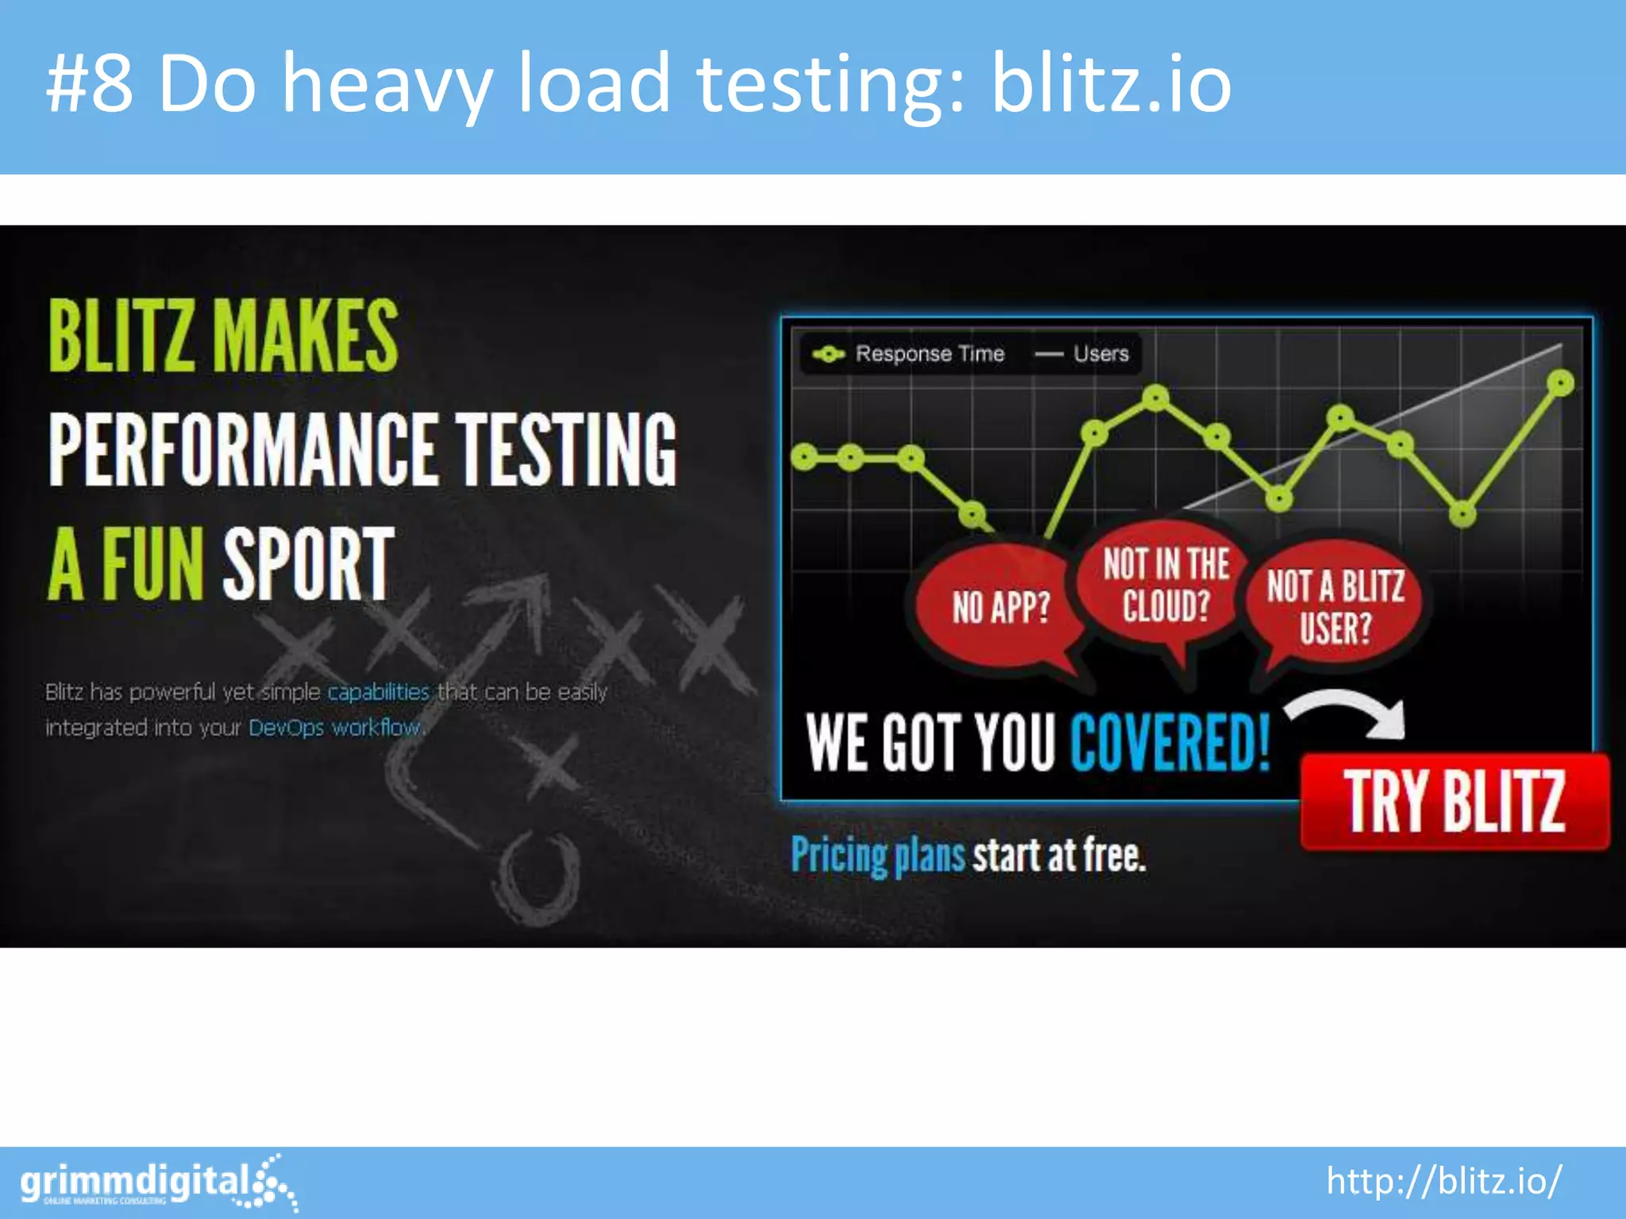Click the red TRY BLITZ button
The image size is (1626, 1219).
[x=1455, y=802]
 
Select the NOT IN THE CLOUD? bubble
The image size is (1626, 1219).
[x=1166, y=586]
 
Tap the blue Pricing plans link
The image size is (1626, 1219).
[x=877, y=856]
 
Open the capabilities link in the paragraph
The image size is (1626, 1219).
[x=378, y=692]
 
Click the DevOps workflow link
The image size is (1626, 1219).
[x=334, y=728]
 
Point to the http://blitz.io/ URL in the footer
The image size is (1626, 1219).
[x=1444, y=1181]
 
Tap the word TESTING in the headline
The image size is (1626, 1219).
[x=566, y=449]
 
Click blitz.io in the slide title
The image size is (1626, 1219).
[x=1111, y=83]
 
